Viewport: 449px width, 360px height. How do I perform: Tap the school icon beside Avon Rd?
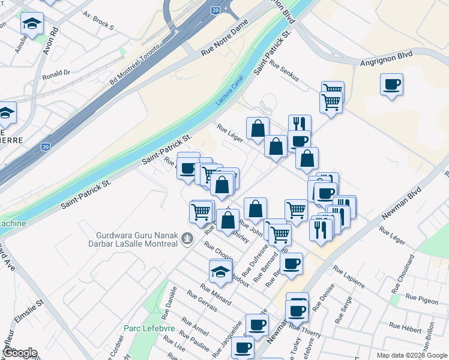click(32, 24)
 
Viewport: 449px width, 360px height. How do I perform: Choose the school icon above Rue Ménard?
click(220, 271)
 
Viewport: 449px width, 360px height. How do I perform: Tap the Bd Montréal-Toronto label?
click(135, 64)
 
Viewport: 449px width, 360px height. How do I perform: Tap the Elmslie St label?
click(29, 311)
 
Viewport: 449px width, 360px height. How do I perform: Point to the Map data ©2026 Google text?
click(412, 355)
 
